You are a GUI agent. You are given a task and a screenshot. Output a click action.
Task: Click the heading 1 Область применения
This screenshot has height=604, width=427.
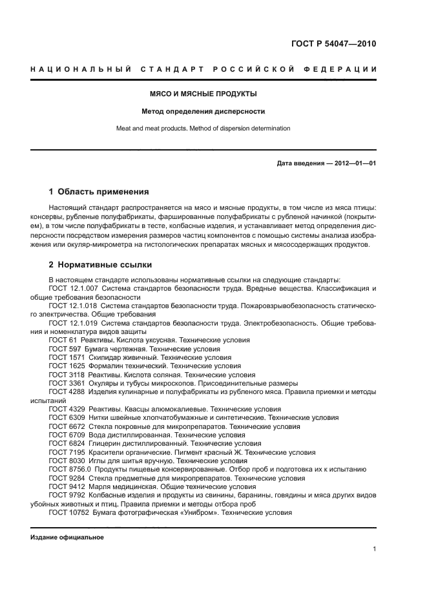coord(99,192)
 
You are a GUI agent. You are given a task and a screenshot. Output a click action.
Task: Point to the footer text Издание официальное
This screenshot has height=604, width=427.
coord(67,537)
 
